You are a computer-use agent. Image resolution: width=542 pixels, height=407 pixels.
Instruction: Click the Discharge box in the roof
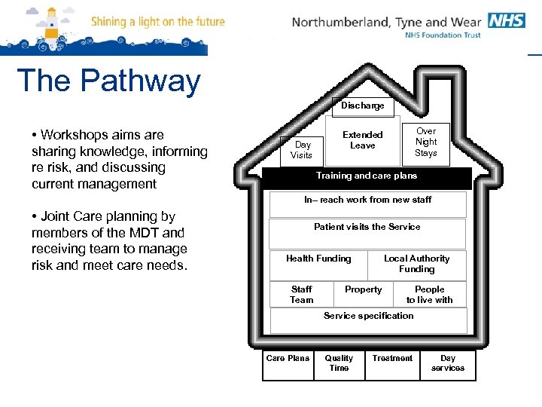(x=363, y=106)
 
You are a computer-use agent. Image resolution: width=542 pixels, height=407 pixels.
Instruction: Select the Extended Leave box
(x=363, y=140)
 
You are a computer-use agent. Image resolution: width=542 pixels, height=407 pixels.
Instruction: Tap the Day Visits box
(x=303, y=150)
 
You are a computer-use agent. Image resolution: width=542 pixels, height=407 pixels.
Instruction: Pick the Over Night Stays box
(x=426, y=142)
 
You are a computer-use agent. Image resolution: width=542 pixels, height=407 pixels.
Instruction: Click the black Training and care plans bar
(x=367, y=176)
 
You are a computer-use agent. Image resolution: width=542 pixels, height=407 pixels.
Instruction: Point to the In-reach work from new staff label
(x=368, y=200)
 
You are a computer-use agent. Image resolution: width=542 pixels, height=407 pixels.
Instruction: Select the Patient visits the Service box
(x=367, y=228)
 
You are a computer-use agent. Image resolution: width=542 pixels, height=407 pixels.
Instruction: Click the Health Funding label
(x=318, y=259)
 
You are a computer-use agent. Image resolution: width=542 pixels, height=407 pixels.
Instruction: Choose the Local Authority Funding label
(x=416, y=264)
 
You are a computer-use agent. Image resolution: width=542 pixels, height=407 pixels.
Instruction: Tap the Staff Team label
(x=302, y=295)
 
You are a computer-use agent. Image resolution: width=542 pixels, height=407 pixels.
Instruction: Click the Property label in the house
(x=363, y=289)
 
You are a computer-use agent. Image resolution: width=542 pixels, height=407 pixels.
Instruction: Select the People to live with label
(x=430, y=295)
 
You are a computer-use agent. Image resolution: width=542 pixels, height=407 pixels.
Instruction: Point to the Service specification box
(x=369, y=317)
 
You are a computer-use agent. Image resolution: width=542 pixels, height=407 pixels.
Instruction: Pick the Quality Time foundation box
(x=339, y=364)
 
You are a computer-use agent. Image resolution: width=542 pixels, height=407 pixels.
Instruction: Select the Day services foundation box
(x=448, y=364)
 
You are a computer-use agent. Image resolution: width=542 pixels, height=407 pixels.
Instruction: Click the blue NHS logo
(x=506, y=20)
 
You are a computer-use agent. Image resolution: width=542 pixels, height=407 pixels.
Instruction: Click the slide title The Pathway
(x=108, y=81)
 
